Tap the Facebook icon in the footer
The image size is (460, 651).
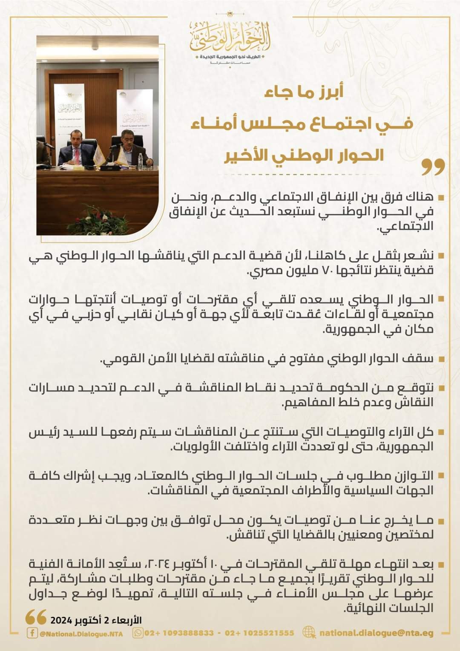point(32,633)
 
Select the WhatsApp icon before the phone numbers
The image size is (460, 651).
point(138,633)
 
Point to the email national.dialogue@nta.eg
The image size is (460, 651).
point(377,633)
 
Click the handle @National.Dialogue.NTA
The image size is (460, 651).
point(81,634)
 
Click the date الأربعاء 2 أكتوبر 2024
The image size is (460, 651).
point(96,620)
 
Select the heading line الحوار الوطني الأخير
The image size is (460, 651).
point(305,155)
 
